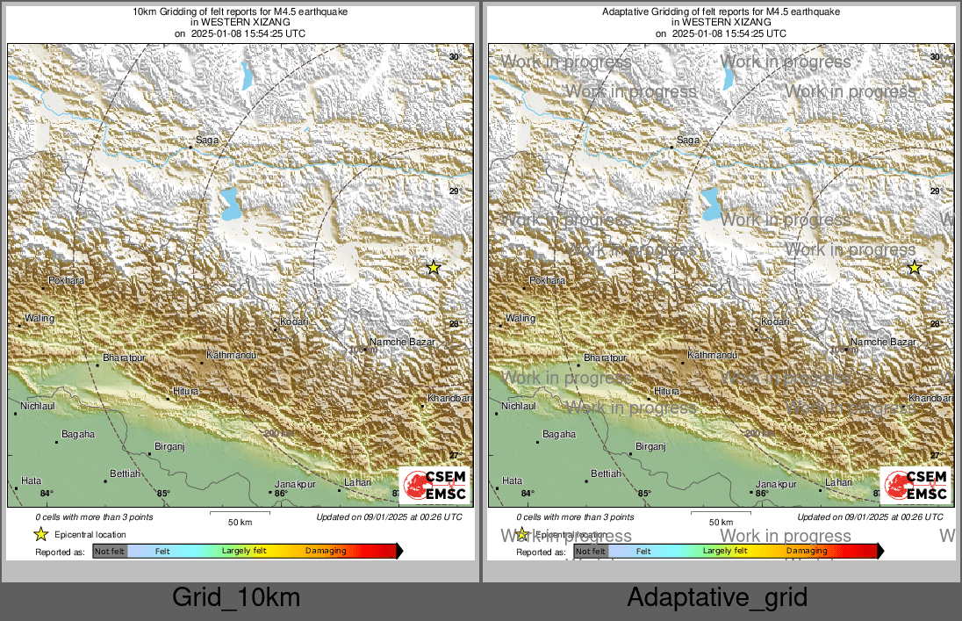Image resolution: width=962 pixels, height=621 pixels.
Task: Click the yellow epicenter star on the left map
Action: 433,267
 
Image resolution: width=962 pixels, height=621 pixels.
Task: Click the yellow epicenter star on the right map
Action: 914,267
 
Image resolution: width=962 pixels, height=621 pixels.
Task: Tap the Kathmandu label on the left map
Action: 231,356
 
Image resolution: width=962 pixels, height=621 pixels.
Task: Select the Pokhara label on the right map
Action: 547,280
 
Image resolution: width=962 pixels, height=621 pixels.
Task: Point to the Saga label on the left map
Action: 207,140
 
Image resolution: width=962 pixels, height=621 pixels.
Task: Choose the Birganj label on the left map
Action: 169,446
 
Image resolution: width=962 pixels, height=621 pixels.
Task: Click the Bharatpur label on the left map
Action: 124,358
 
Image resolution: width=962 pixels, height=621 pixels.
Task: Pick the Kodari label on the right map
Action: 775,322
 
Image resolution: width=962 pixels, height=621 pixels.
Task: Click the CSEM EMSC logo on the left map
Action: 434,486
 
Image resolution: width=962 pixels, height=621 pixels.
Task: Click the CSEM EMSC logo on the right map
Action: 915,486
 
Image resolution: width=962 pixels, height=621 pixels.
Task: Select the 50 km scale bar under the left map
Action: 240,514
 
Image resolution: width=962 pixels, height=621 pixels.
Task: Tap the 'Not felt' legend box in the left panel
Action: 110,551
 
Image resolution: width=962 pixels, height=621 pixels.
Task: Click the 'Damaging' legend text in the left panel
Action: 326,551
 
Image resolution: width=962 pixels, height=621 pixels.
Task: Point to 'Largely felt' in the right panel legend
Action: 725,551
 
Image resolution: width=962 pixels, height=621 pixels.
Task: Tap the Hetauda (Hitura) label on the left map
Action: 185,391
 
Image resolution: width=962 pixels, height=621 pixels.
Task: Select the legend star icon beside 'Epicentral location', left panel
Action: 40,534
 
